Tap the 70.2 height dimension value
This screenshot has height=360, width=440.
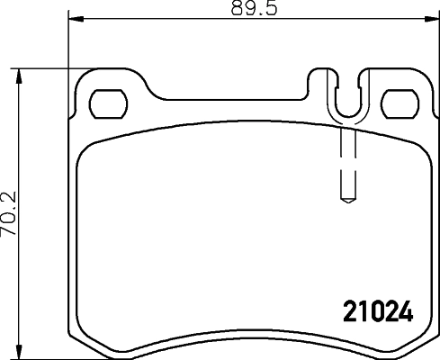click(10, 212)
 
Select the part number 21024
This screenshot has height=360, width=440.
click(379, 312)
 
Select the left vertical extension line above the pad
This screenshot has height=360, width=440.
click(69, 45)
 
